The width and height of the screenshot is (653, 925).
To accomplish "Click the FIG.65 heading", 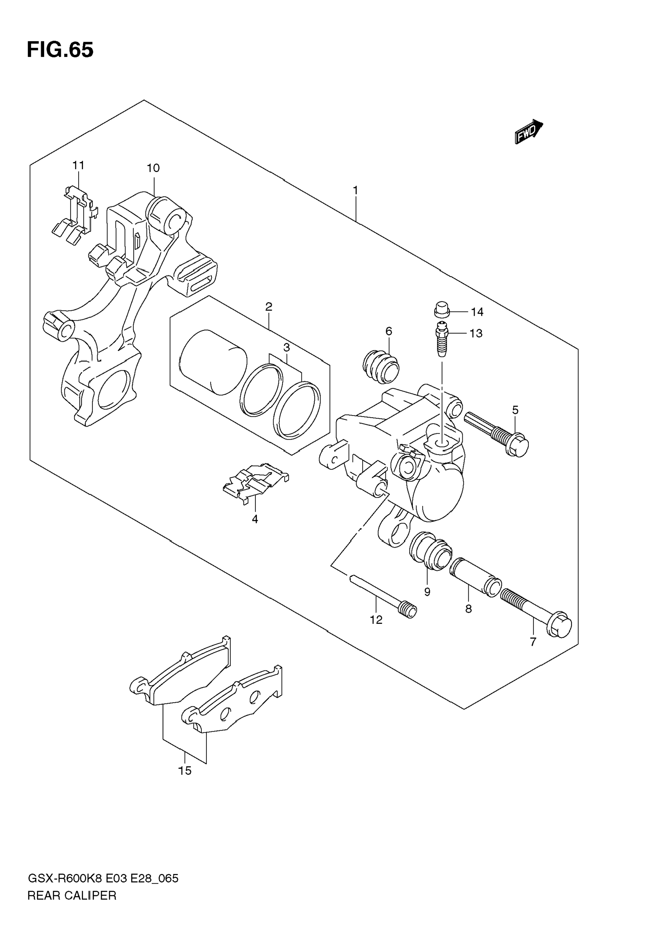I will (60, 50).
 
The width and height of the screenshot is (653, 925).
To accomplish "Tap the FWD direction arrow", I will (528, 131).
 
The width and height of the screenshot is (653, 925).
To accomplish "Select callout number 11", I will (79, 165).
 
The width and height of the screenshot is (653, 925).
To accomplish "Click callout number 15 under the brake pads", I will (185, 771).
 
